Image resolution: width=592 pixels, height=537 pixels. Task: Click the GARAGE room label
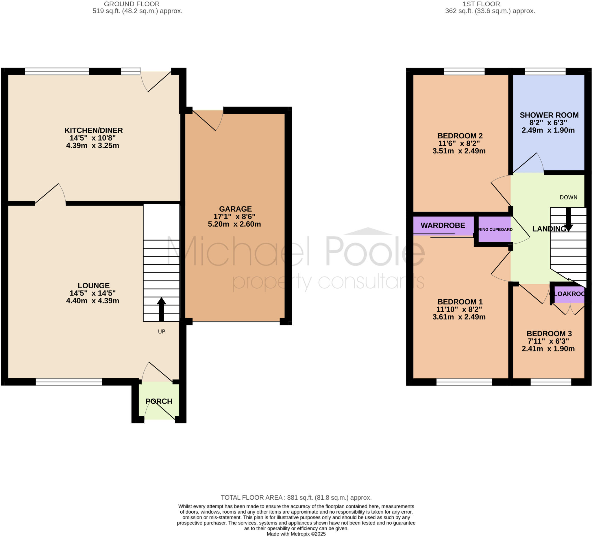235,209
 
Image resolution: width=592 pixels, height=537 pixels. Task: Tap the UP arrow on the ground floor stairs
161,309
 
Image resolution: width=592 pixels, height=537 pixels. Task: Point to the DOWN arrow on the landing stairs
569,219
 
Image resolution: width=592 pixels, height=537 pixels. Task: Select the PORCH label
159,401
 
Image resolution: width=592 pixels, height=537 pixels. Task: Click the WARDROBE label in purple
443,225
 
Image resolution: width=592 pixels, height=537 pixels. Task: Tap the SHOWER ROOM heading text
549,115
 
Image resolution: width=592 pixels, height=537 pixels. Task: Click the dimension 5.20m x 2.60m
234,224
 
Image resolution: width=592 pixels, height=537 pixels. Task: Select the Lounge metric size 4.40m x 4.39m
92,300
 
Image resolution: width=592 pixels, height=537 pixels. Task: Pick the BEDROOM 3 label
549,333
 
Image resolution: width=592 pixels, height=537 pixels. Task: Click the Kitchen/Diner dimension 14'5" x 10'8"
92,138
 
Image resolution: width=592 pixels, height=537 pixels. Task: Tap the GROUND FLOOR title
132,4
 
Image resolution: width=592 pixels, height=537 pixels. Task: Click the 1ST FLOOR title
481,4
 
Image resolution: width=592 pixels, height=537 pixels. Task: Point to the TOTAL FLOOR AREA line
296,498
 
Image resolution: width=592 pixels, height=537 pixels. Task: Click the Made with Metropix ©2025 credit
296,534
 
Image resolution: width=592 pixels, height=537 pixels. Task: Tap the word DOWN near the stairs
568,197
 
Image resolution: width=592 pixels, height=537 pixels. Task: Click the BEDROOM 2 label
460,136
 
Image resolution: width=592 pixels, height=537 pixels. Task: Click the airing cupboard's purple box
495,229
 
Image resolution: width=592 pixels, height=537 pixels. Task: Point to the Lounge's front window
69,382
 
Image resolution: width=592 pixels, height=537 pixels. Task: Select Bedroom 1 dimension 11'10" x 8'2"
459,309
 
